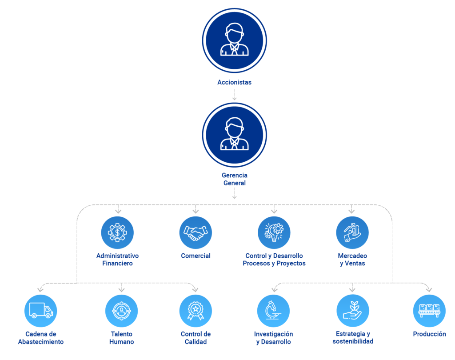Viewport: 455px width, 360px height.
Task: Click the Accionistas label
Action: coord(235,82)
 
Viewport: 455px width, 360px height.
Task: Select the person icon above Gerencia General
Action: coord(235,135)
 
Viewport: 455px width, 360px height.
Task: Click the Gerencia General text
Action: coord(235,179)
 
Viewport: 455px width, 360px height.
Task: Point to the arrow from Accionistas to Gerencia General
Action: coord(235,94)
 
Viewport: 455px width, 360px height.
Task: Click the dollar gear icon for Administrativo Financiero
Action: coord(117,232)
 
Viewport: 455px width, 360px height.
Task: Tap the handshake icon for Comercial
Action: coord(196,232)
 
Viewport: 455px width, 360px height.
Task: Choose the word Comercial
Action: coord(196,256)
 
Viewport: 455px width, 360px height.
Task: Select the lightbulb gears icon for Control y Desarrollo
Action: coord(274,232)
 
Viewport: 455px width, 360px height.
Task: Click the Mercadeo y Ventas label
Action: coord(352,260)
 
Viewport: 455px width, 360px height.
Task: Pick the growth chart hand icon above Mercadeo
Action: coord(352,232)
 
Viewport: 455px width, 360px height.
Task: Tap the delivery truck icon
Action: coord(40,311)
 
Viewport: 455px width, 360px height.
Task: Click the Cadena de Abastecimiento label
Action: coord(40,338)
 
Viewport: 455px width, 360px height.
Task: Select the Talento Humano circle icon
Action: coord(122,311)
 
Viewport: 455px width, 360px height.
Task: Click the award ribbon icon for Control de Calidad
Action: coord(196,311)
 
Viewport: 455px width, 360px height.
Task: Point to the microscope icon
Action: coord(274,311)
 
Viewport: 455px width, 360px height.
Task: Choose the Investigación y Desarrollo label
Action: coord(274,338)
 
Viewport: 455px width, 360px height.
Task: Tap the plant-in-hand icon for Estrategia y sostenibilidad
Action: coord(353,311)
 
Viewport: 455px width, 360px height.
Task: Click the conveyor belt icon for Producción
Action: coord(430,311)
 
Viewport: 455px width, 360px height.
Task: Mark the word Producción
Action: coord(430,334)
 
